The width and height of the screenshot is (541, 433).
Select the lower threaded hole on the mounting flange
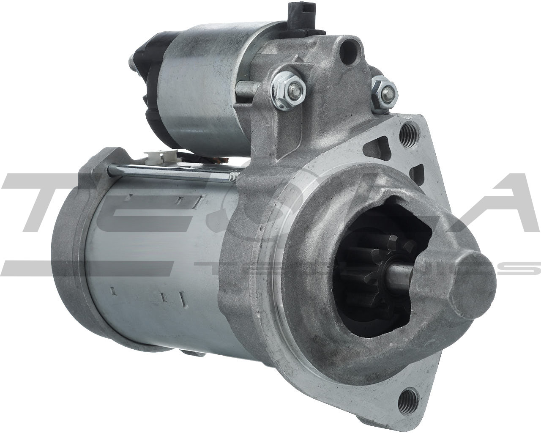tap(407, 397)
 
